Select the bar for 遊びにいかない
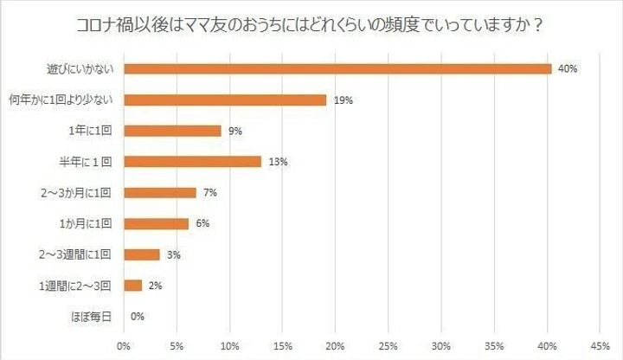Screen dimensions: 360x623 [x=337, y=68]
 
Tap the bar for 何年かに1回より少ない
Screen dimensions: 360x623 [x=225, y=100]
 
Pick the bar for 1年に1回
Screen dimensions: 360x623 [x=172, y=131]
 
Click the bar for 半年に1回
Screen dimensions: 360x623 [x=192, y=161]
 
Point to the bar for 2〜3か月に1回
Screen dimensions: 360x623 [x=160, y=192]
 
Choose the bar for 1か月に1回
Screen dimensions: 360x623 [x=156, y=223]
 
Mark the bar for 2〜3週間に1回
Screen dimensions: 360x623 [x=142, y=254]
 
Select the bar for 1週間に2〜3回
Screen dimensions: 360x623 [x=133, y=285]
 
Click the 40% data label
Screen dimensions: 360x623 [x=568, y=68]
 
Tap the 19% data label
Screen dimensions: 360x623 [x=343, y=100]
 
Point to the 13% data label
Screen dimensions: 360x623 [x=277, y=162]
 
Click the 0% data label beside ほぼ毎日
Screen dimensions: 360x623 [x=137, y=317]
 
